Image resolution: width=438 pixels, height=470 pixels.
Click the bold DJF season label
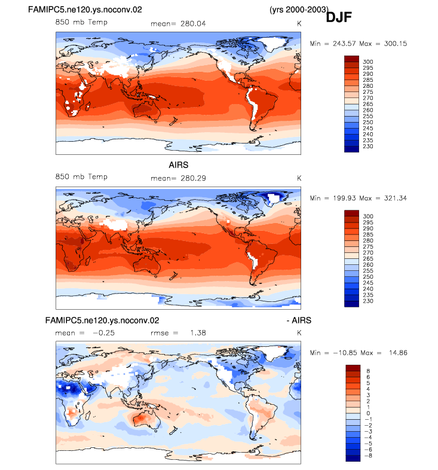(339, 17)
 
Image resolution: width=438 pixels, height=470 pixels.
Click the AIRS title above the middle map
(179, 165)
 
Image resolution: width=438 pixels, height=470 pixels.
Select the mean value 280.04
(193, 24)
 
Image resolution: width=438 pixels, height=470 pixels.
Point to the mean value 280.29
(193, 178)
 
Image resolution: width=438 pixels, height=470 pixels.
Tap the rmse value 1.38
(198, 333)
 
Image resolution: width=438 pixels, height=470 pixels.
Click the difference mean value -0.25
(103, 333)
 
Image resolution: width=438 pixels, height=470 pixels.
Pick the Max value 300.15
(396, 44)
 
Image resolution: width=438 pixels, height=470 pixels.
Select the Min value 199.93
(345, 198)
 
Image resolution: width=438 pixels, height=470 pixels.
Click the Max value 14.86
(398, 353)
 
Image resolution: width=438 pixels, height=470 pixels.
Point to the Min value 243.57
(345, 44)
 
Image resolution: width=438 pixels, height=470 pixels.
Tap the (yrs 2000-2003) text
(299, 10)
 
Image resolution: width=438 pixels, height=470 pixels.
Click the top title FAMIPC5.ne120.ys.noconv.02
(85, 10)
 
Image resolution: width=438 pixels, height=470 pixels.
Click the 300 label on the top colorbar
(368, 62)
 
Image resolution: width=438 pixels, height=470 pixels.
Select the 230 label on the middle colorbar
(368, 301)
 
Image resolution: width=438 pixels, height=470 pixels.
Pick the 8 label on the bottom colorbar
(368, 371)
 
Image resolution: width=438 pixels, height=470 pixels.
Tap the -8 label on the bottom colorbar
(368, 456)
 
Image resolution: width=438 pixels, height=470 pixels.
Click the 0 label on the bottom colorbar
(368, 413)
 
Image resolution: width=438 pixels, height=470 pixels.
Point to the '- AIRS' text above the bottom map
(299, 321)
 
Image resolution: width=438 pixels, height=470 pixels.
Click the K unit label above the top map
(299, 24)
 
